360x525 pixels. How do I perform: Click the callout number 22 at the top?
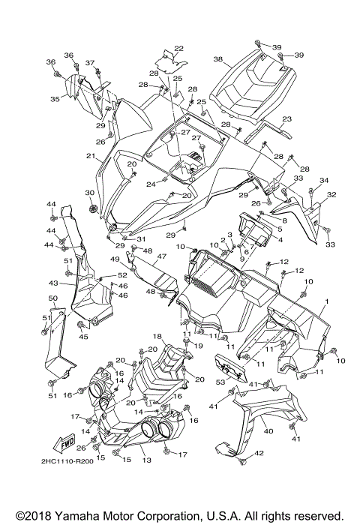[178, 49]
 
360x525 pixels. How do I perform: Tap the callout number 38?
[217, 58]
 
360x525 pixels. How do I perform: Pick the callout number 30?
[89, 193]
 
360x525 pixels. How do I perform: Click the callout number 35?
[55, 98]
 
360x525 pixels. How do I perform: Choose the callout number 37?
[90, 62]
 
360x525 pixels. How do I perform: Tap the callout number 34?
[324, 181]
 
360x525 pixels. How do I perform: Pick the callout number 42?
[259, 453]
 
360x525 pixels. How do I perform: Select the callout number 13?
[146, 460]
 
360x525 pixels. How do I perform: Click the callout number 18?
[158, 336]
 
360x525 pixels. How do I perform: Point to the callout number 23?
[286, 119]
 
